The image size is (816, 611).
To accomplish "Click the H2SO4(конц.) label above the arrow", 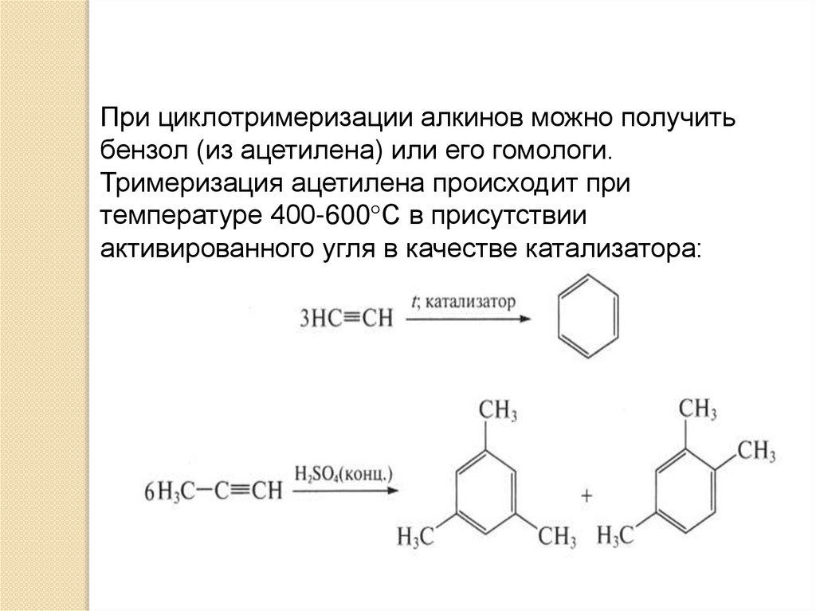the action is pos(344,473).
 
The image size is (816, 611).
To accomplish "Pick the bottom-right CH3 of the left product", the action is pos(555,535).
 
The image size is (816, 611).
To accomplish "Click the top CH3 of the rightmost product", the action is pos(696,410).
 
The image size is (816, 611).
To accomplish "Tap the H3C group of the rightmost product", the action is pos(614,535).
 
